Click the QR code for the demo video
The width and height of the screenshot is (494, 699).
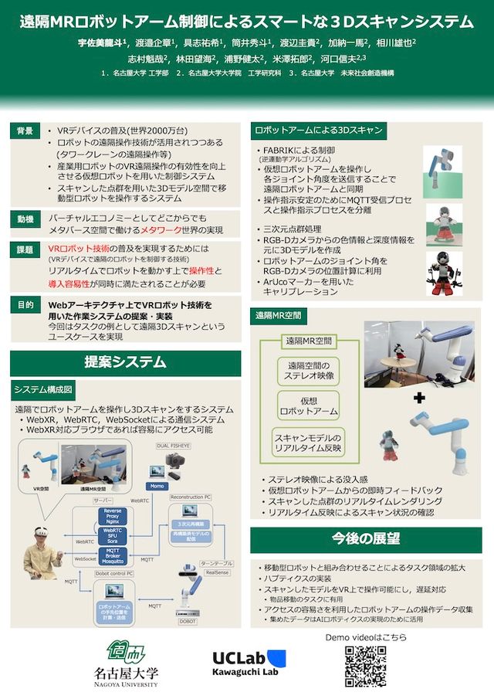(x=365, y=667)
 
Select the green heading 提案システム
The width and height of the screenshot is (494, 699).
(x=125, y=361)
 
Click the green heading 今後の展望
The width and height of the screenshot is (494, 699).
(x=366, y=538)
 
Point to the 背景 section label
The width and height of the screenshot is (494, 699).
(x=25, y=131)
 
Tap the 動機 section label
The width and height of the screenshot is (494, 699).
(x=25, y=220)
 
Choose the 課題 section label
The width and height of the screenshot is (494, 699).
(x=25, y=250)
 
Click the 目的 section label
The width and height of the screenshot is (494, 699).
(x=25, y=306)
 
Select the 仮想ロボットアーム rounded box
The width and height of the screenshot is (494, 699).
(x=309, y=406)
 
